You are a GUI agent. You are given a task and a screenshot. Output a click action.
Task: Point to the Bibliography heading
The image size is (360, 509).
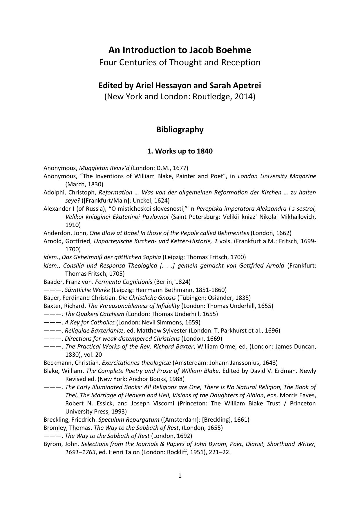pyautogui.click(x=180, y=129)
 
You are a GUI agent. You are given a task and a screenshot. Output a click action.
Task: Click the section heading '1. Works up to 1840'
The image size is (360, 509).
pyautogui.click(x=180, y=151)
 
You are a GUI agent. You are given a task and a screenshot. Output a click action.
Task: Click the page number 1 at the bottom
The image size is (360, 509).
pyautogui.click(x=180, y=476)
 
